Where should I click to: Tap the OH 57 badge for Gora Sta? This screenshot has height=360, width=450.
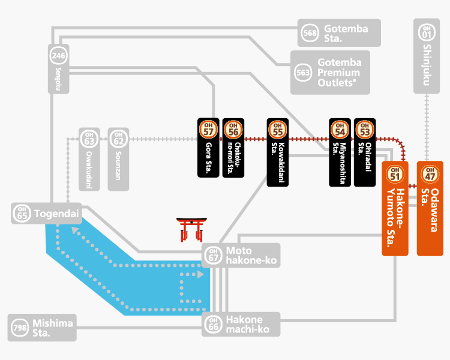[x=208, y=129]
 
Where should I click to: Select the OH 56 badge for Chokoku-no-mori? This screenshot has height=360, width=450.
[x=233, y=129]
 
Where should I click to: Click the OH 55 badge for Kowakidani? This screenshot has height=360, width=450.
[x=277, y=129]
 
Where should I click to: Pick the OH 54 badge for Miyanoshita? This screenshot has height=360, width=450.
[x=340, y=129]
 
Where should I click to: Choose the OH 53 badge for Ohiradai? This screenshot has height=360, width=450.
[x=364, y=129]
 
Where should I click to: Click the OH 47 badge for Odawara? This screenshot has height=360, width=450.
[x=430, y=174]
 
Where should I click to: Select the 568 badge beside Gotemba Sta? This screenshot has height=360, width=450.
[x=310, y=32]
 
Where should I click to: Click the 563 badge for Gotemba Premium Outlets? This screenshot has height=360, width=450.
[x=303, y=73]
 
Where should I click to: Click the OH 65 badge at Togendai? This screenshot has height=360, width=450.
[x=23, y=214]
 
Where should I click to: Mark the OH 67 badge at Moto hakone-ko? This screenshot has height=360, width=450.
[x=213, y=255]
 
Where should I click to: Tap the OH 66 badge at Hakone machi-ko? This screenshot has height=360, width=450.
[x=213, y=325]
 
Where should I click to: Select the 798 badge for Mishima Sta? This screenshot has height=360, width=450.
[x=20, y=328]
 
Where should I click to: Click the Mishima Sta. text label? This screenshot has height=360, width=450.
[x=53, y=328]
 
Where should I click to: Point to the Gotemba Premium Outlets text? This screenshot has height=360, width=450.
[x=340, y=73]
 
